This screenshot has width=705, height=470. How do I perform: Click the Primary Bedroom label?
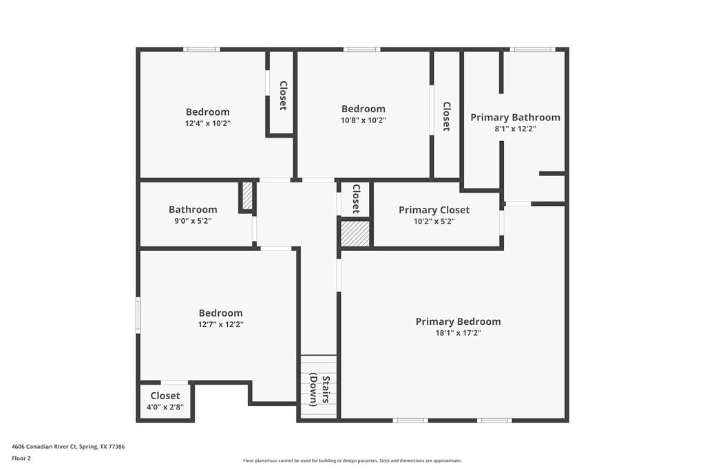458,321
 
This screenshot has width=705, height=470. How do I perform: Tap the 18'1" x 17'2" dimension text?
458,333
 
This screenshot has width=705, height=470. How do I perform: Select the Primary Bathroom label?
515,117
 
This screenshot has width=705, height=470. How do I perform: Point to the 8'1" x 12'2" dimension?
515,129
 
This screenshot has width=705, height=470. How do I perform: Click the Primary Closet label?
434,210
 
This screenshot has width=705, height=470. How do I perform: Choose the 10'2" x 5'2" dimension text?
434,222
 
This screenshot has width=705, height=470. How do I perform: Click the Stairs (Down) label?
319,389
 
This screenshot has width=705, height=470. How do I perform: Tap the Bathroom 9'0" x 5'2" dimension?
193,222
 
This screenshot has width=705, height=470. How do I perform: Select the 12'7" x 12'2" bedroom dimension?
220,324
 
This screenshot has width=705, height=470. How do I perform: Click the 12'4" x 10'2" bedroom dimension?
207,123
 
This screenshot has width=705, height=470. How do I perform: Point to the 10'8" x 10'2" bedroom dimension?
364,120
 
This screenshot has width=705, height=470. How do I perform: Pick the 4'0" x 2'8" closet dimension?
165,407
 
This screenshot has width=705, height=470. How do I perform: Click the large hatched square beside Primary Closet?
356,233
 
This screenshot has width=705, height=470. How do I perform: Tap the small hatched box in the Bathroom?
247,196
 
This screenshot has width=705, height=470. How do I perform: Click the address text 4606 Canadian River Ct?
68,447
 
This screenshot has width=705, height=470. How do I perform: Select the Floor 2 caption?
21,458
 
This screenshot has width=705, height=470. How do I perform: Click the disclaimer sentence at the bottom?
352,460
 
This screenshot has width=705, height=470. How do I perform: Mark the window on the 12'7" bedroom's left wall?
138,315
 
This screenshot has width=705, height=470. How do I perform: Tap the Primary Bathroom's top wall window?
532,49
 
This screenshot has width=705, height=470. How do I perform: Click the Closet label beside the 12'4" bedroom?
282,96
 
